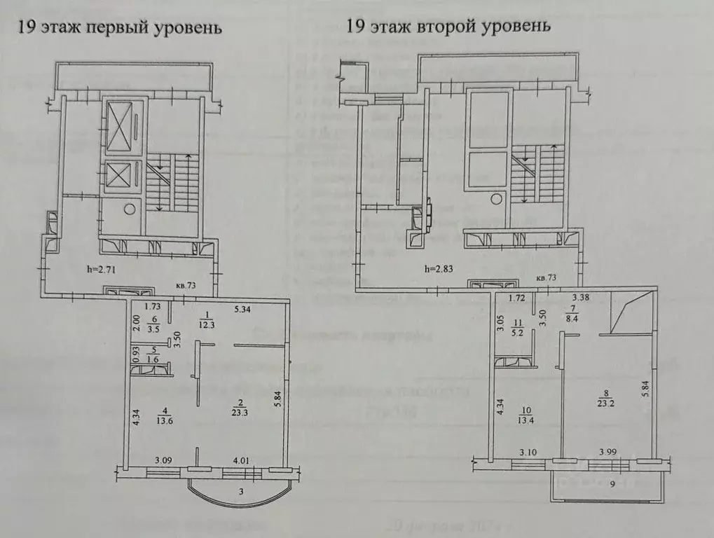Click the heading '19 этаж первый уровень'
[x=120, y=28]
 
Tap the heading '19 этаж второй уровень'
[x=448, y=27]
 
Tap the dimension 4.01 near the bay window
[x=241, y=460]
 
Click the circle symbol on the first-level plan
[x=129, y=208]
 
